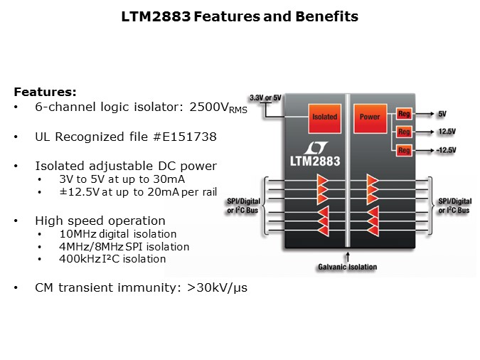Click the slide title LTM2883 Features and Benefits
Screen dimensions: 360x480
click(x=240, y=16)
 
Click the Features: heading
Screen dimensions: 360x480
click(x=46, y=92)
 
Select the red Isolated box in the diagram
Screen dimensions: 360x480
click(x=325, y=117)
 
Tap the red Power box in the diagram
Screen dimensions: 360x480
click(x=370, y=117)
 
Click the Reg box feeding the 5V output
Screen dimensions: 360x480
click(x=404, y=114)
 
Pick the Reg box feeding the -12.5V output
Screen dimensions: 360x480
click(x=404, y=150)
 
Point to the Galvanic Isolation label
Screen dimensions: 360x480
click(x=347, y=268)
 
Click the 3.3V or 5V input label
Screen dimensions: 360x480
click(x=265, y=97)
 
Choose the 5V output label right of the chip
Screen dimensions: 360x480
click(x=442, y=114)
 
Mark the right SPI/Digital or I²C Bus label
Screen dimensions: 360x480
click(x=455, y=206)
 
